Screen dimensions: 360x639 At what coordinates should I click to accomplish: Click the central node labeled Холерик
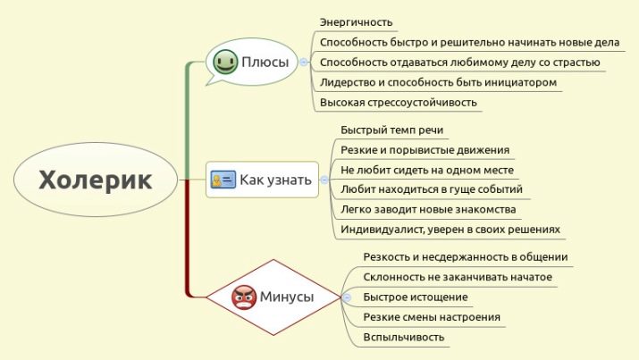click(96, 180)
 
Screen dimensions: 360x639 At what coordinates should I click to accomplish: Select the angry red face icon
click(243, 297)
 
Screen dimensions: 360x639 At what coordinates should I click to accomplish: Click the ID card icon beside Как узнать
click(222, 180)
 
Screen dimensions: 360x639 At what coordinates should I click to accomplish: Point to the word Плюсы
click(265, 63)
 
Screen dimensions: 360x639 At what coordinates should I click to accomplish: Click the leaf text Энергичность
click(356, 22)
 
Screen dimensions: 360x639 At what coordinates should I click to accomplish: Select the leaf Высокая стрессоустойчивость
click(398, 102)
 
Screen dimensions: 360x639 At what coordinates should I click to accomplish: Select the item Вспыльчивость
click(404, 337)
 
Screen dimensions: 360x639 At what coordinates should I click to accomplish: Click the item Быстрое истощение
click(416, 297)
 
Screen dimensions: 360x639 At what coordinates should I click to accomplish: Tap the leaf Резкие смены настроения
click(432, 317)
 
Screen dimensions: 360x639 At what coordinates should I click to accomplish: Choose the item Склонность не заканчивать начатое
click(458, 277)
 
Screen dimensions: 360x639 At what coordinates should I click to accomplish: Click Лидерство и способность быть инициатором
click(438, 82)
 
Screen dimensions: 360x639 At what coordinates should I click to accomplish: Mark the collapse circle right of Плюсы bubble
click(305, 62)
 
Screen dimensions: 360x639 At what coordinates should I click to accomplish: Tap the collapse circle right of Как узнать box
click(324, 180)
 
